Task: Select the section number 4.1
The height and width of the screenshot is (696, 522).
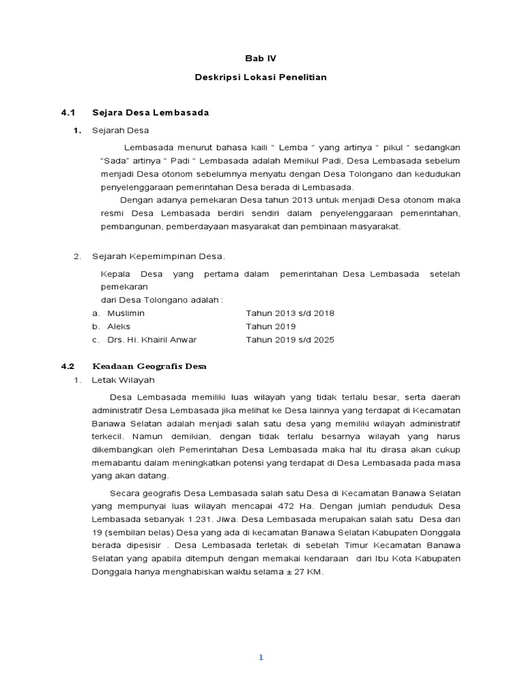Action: (67, 112)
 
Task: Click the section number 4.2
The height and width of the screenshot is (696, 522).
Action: (67, 366)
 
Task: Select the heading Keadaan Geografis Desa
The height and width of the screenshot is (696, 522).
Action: (150, 366)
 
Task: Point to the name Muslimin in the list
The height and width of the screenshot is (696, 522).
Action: (126, 313)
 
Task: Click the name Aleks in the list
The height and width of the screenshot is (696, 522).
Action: (119, 326)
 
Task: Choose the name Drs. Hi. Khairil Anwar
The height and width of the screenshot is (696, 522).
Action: (152, 340)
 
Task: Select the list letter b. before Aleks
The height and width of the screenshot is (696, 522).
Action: (96, 326)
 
